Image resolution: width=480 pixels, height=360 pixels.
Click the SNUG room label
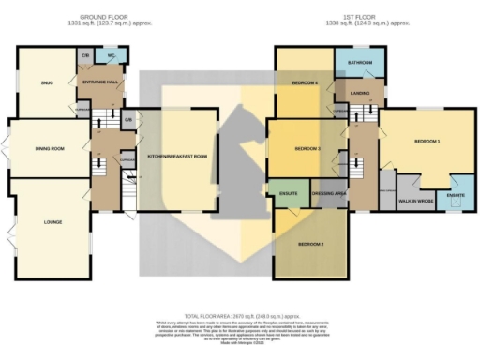pyautogui.click(x=46, y=83)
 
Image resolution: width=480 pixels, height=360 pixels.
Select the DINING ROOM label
pyautogui.click(x=49, y=148)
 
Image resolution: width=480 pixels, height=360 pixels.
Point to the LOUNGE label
pyautogui.click(x=52, y=222)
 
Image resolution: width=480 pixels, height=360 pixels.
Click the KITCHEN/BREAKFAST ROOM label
pyautogui.click(x=176, y=156)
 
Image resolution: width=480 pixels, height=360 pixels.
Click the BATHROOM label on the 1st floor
pyautogui.click(x=360, y=63)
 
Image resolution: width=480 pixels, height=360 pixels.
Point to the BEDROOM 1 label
pyautogui.click(x=427, y=141)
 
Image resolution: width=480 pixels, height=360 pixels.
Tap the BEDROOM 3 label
pyautogui.click(x=307, y=149)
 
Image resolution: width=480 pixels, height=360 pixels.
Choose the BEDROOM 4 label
pyautogui.click(x=305, y=83)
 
